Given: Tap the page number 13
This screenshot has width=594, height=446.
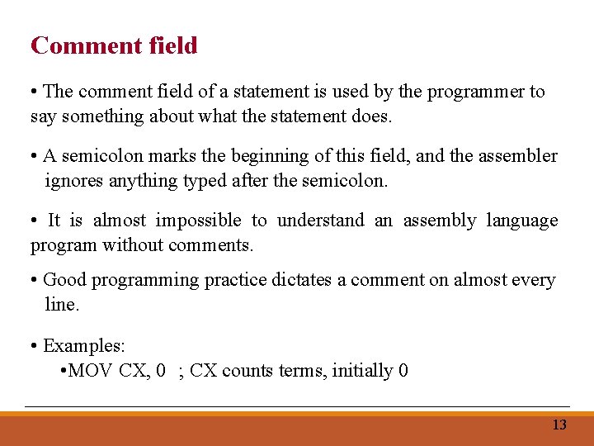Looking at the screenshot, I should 559,425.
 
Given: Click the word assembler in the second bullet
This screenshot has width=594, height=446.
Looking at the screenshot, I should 517,156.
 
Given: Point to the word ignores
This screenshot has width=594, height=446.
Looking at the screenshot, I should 73,180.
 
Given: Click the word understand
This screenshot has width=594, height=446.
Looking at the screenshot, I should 320,221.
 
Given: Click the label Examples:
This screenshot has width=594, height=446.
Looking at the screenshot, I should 83,345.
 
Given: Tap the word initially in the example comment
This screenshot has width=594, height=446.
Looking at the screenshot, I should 362,371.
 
